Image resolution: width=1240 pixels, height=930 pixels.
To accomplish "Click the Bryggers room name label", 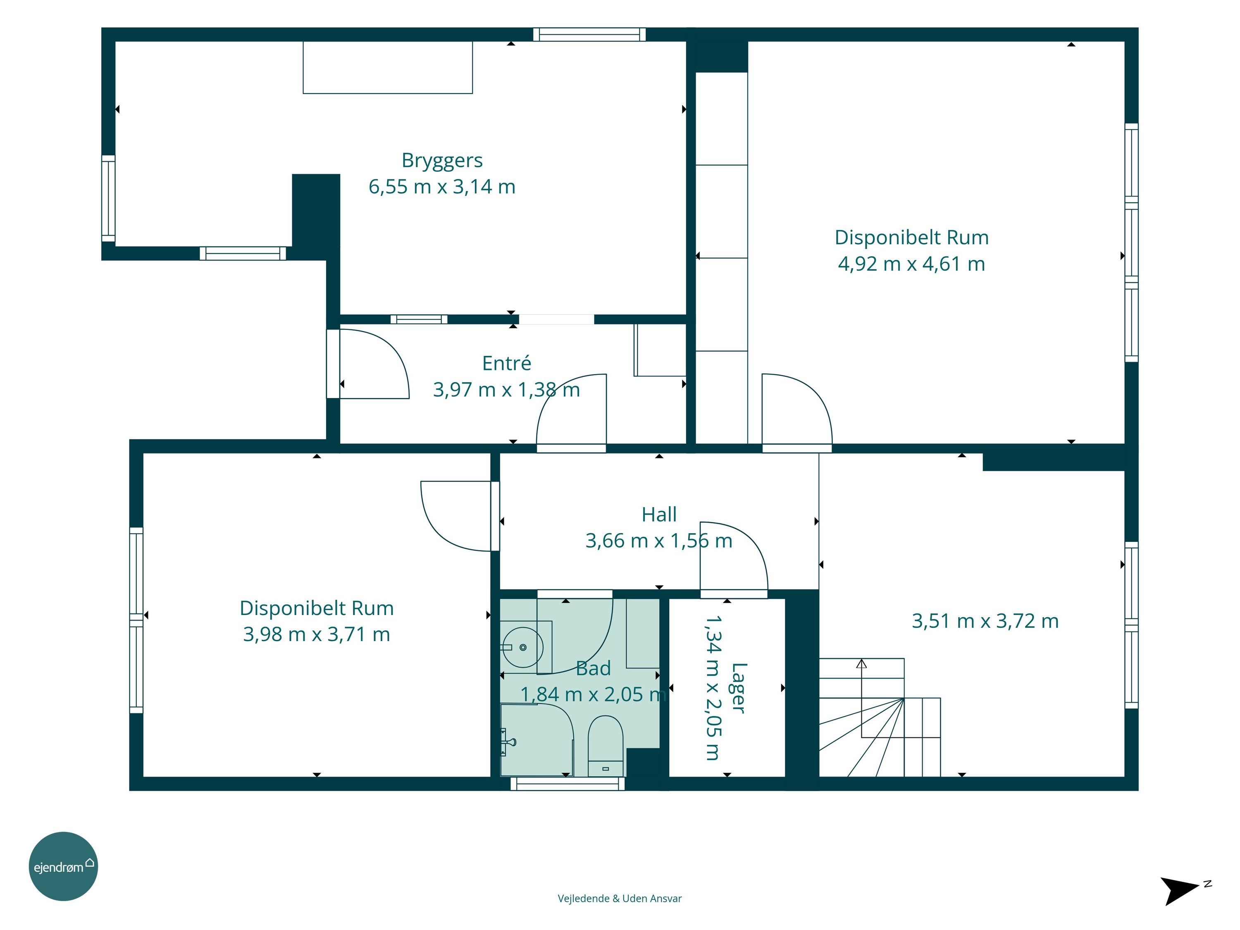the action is pos(442,161).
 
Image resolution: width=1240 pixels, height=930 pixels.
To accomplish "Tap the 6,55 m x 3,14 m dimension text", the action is pos(442,187).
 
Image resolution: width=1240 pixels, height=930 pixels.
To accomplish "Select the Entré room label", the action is pos(506,363).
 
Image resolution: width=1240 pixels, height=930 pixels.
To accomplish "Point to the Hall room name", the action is pos(659,515).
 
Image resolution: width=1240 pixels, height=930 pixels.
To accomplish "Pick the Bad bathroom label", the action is pos(593,668).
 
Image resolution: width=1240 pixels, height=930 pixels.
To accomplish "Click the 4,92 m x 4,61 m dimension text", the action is pos(911,263).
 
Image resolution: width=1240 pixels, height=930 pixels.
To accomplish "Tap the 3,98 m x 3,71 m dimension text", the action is pos(316,634).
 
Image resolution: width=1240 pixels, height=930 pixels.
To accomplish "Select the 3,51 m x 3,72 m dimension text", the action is pos(985,621).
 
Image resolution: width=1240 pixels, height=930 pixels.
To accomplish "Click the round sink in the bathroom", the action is pos(522,647).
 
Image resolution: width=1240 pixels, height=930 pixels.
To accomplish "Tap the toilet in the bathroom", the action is pos(606,746).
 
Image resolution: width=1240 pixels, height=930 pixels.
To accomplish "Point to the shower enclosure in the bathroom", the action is pos(537,740).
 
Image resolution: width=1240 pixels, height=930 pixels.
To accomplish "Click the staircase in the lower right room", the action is pos(880,718).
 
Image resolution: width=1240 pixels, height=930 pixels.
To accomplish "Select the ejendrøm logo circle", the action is pos(63,866).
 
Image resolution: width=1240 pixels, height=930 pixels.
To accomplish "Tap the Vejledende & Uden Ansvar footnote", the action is pos(620,898).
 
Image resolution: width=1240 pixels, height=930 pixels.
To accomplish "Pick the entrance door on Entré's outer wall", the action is pos(368,364).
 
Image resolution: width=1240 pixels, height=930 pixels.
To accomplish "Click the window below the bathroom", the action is pos(568,784).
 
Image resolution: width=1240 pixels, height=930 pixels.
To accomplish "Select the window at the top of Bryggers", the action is pos(589,35).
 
